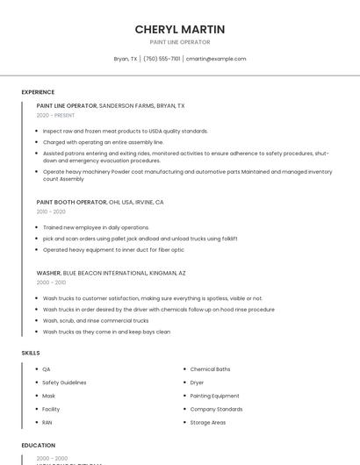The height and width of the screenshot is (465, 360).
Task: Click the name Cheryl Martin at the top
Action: tap(179, 29)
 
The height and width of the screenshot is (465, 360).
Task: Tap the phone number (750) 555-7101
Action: tap(162, 59)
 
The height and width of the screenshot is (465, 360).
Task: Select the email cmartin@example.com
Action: tap(216, 59)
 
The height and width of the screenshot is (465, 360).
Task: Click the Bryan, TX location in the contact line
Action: tap(126, 59)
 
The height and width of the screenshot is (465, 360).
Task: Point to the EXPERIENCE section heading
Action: tap(38, 91)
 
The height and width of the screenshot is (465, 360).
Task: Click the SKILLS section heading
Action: tap(31, 352)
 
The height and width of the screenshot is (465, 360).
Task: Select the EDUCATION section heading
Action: tap(38, 445)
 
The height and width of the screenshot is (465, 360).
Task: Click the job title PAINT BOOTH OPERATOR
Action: tap(71, 202)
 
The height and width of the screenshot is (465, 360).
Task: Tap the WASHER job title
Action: tap(48, 273)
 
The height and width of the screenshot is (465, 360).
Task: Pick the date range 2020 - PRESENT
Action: tap(55, 115)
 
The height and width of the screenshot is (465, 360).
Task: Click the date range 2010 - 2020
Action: tap(51, 211)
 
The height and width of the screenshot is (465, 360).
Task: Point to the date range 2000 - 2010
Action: tap(51, 283)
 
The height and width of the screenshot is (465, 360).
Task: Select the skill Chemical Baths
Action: tap(210, 369)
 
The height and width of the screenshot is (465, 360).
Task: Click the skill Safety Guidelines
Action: tap(64, 383)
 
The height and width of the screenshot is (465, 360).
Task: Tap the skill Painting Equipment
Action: tap(214, 396)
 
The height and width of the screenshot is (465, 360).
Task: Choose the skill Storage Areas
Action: tap(207, 422)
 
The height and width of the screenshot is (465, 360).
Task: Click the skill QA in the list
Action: tap(47, 369)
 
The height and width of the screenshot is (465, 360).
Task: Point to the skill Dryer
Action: tap(197, 383)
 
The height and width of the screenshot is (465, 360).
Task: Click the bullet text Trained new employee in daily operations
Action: tap(96, 227)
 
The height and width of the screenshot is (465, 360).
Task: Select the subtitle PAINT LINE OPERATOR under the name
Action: tap(179, 41)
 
